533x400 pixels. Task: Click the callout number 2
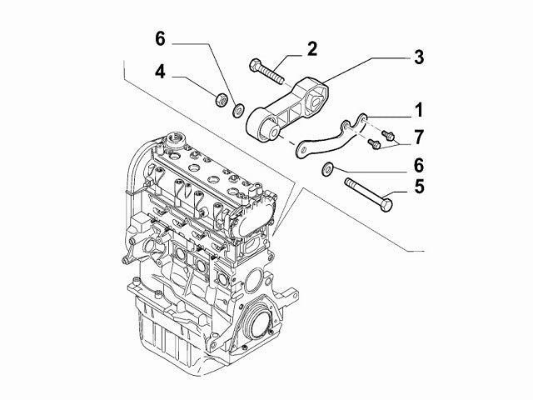[x=312, y=49]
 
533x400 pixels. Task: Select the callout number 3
[x=419, y=57]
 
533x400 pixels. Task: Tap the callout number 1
[x=419, y=111]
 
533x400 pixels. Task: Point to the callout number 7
[x=419, y=137]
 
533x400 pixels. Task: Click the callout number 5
[x=419, y=187]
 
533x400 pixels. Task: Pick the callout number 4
[x=160, y=72]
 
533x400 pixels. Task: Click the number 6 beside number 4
[x=160, y=39]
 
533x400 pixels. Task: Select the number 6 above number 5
[x=419, y=165]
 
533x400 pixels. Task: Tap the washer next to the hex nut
[x=238, y=111]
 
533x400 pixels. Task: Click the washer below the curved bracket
[x=327, y=169]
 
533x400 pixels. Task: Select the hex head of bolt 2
[x=256, y=65]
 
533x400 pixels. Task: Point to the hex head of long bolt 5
[x=386, y=205]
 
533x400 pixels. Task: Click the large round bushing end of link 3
[x=263, y=126]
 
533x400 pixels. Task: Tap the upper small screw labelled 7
[x=387, y=135]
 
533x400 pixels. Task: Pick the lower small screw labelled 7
[x=374, y=143]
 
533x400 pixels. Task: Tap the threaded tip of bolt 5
[x=348, y=182]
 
